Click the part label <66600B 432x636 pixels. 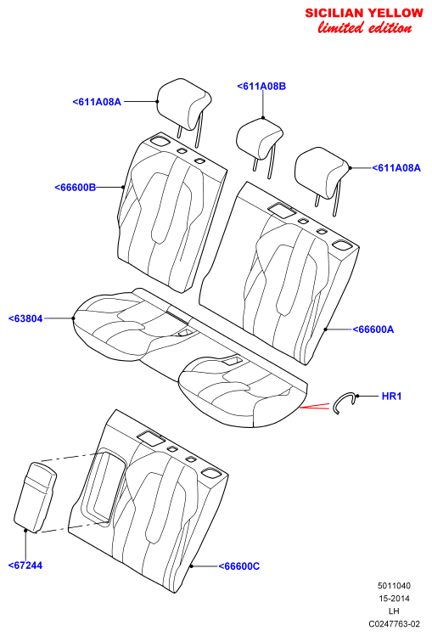tap(76, 187)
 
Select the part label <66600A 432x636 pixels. tap(373, 329)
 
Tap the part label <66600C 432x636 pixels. tap(239, 566)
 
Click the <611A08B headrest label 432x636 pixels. tap(261, 86)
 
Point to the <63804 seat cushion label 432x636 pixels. tap(25, 318)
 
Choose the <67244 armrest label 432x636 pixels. tap(25, 565)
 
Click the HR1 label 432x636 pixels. tap(391, 396)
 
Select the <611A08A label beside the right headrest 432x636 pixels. tap(396, 167)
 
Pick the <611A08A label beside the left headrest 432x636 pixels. tap(97, 101)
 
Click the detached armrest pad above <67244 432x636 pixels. tap(36, 497)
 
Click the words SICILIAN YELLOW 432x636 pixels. tap(364, 13)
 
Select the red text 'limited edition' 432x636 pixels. tap(365, 27)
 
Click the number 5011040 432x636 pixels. tap(394, 585)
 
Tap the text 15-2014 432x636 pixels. tap(394, 598)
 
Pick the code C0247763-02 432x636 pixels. tap(394, 623)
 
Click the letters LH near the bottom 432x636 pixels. tap(394, 611)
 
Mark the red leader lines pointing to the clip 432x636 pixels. tap(315, 406)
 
